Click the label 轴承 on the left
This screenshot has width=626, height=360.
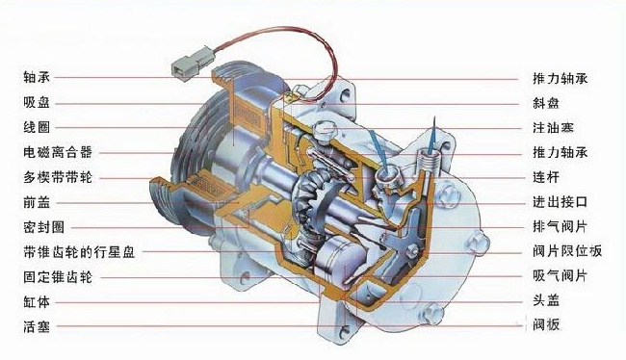tap(37, 77)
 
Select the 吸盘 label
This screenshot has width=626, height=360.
tap(37, 103)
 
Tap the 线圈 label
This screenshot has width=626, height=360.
tap(37, 127)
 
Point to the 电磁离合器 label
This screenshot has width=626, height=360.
tap(58, 152)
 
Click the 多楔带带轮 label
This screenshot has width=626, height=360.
tap(58, 177)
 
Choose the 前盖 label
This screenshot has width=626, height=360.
tap(37, 202)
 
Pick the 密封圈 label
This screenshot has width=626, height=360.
tap(44, 227)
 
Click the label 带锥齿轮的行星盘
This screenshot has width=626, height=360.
tap(79, 252)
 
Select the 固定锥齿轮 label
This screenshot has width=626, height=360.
tap(58, 277)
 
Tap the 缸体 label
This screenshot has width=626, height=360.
tap(37, 302)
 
